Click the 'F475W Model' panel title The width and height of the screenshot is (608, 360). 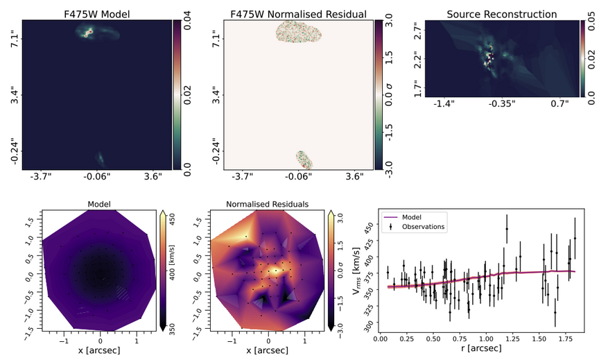click(96, 13)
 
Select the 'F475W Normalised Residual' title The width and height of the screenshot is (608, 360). click(300, 13)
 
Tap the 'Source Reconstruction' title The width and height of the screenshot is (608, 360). click(501, 13)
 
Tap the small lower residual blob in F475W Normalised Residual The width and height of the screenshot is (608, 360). click(303, 160)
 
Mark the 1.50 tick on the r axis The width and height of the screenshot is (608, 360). click(538, 341)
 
